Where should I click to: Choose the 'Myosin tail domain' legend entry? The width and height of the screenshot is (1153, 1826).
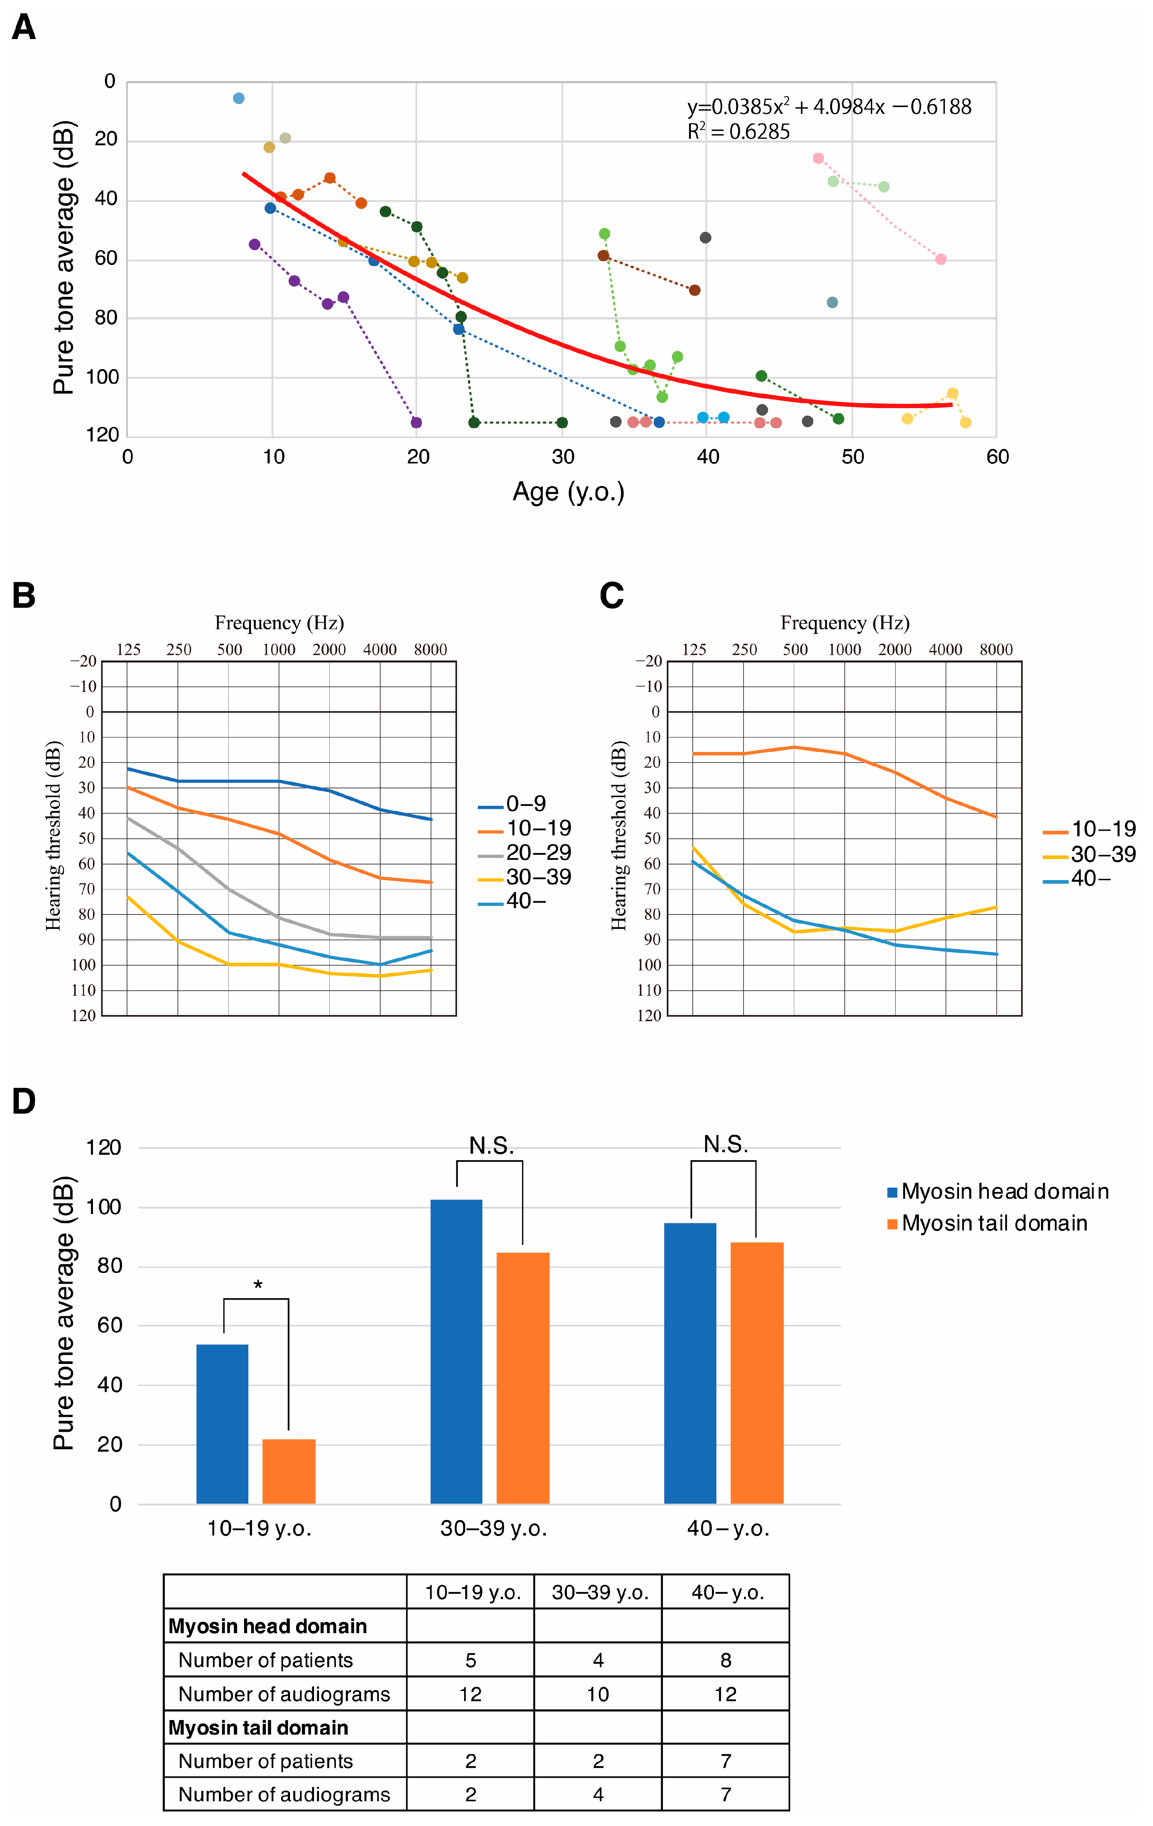[994, 1223]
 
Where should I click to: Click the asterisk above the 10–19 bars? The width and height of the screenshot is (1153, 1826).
[258, 1284]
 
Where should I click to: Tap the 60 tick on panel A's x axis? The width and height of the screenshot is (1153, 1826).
[997, 457]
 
